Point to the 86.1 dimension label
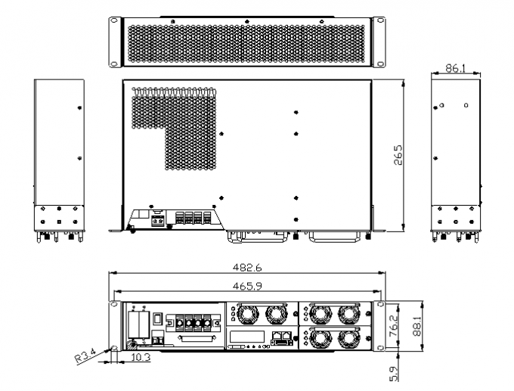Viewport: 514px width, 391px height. click(455, 67)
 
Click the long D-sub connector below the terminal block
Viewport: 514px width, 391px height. click(195, 343)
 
